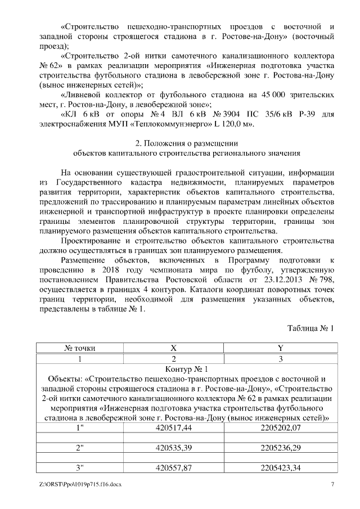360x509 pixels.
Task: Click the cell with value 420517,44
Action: point(174,428)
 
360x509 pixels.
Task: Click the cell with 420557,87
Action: point(174,467)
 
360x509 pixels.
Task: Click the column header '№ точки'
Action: point(80,348)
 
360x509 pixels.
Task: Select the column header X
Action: point(174,348)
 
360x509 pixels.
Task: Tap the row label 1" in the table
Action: point(80,428)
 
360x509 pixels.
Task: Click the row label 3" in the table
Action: point(80,467)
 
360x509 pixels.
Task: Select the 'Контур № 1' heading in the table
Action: point(186,369)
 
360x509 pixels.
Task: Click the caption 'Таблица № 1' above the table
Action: point(310,328)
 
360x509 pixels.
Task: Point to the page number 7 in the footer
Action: point(332,484)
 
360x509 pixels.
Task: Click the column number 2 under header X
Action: point(174,358)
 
